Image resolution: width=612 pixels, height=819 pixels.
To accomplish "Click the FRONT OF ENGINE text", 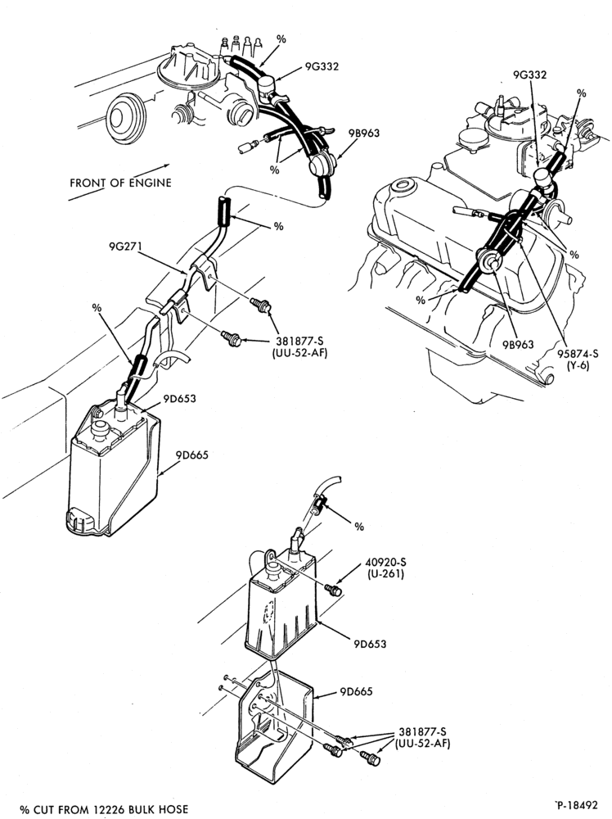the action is pos(120,183).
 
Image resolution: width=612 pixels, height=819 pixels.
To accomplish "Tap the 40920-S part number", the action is pos(385,563).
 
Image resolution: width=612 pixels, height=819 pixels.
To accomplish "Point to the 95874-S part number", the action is pos(578,354).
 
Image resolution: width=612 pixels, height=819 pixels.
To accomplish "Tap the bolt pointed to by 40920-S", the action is pos(333,590).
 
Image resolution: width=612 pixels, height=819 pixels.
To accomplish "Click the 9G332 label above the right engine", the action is pos(529,75).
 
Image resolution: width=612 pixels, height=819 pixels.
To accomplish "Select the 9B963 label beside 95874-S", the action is pos(518,344).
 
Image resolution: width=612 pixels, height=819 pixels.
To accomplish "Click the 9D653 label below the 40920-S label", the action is pos(369,644).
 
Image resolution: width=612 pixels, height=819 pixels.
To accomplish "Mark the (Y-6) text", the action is pos(578,365).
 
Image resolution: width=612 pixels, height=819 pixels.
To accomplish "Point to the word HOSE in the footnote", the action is pos(173,810).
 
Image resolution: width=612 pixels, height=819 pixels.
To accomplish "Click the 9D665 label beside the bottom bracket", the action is pos(357,691).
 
